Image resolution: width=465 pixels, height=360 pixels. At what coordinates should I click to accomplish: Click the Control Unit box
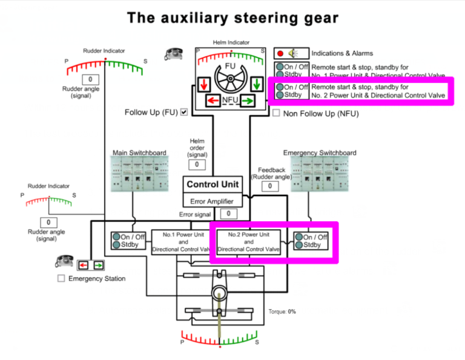pyautogui.click(x=213, y=184)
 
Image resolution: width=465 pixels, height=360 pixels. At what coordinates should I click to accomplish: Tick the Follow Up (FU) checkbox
pyautogui.click(x=184, y=112)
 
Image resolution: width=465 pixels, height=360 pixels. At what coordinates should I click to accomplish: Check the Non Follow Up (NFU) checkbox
pyautogui.click(x=276, y=113)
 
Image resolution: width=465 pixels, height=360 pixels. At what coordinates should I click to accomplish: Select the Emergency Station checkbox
pyautogui.click(x=61, y=278)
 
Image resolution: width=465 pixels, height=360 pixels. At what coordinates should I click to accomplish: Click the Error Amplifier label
pyautogui.click(x=213, y=201)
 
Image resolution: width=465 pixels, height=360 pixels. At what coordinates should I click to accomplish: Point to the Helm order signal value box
pyautogui.click(x=197, y=165)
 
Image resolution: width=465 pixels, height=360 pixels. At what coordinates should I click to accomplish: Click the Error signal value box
pyautogui.click(x=228, y=214)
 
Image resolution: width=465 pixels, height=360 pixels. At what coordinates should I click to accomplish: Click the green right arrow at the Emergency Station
pyautogui.click(x=98, y=265)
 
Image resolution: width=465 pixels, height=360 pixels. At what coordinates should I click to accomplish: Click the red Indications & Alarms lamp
pyautogui.click(x=280, y=53)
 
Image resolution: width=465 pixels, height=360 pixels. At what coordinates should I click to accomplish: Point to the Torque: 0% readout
pyautogui.click(x=282, y=312)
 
